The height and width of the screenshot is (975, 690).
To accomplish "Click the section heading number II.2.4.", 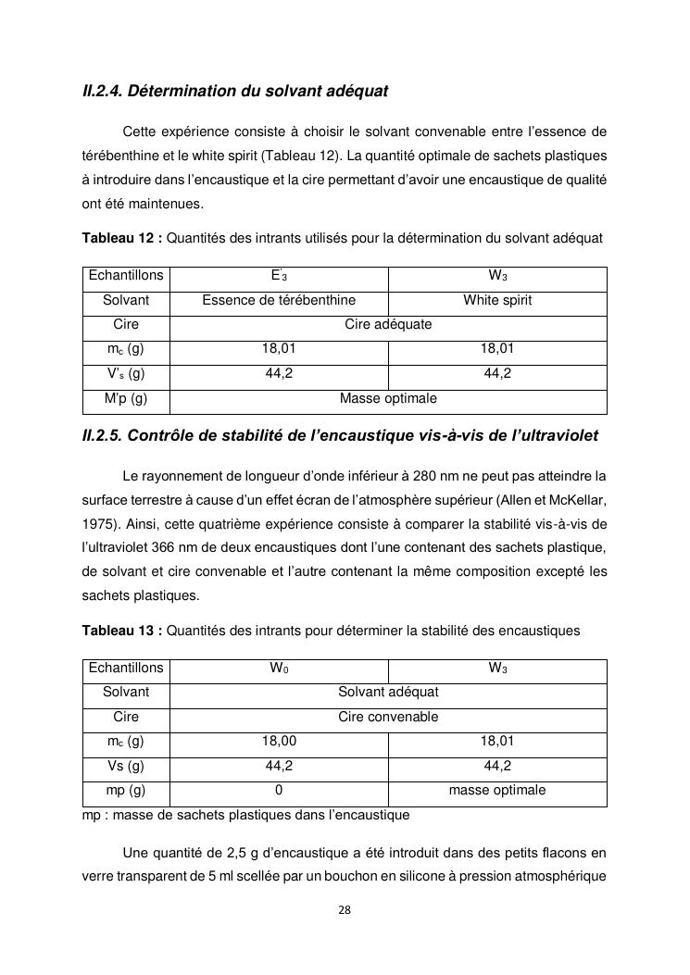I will (102, 92).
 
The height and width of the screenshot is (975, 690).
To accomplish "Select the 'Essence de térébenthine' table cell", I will (279, 300).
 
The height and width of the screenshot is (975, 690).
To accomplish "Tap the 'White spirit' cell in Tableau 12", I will (497, 300).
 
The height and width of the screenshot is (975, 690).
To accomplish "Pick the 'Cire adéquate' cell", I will (388, 325).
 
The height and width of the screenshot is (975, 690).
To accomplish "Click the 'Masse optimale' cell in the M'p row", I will (388, 399).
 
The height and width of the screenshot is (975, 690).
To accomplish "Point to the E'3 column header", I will (279, 276).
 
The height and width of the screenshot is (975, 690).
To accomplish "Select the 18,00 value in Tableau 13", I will (279, 742).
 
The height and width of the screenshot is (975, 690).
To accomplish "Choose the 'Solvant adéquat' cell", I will (388, 693).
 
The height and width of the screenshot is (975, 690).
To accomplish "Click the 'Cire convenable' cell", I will (388, 717).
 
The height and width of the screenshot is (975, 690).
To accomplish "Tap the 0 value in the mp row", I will (279, 791).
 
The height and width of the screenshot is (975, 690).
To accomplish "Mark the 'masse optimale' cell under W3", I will (497, 791).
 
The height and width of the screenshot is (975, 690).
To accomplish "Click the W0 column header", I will (279, 669).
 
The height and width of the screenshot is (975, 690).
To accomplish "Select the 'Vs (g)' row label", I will (126, 767).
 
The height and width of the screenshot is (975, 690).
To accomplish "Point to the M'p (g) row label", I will (126, 399).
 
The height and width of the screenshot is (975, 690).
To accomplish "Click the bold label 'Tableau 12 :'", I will (122, 238).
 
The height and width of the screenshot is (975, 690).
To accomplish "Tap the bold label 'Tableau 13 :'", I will (122, 631).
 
